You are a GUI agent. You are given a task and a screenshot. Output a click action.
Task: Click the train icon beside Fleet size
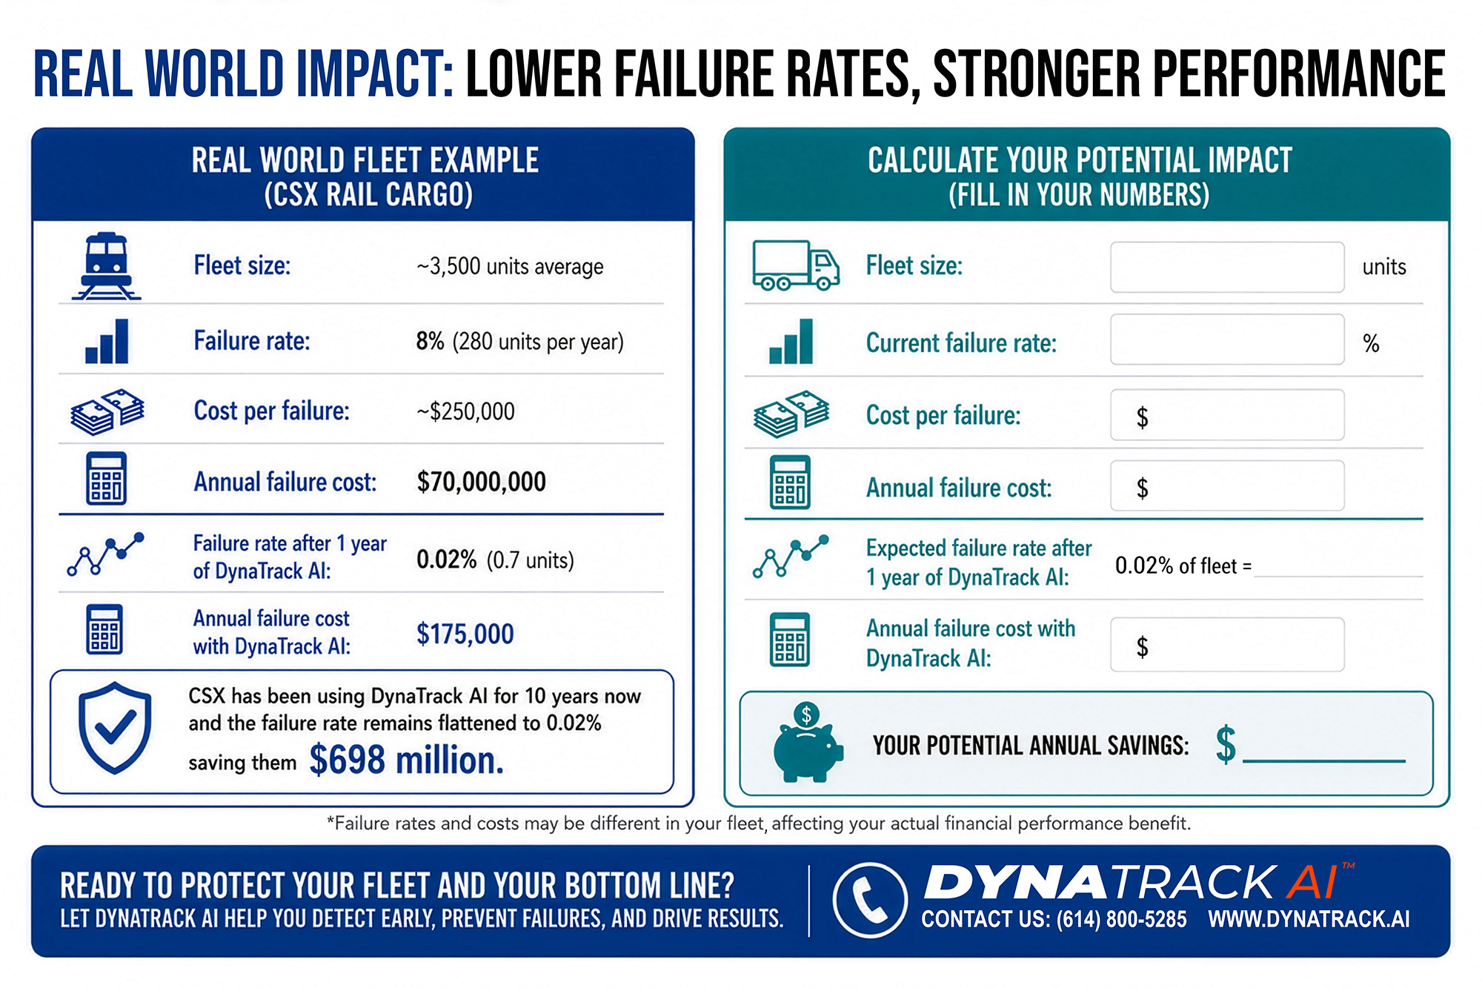tap(106, 265)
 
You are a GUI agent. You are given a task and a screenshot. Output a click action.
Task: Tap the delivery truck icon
tap(796, 265)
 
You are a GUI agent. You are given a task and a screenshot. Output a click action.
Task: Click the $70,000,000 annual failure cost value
tap(481, 482)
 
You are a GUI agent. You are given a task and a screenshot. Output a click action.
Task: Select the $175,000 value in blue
tap(465, 634)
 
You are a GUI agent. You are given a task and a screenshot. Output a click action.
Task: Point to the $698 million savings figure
tap(406, 760)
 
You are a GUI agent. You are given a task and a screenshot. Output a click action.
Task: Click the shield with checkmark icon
tap(115, 728)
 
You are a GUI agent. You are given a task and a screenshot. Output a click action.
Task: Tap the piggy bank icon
tap(807, 743)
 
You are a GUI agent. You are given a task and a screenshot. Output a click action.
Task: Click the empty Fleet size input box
tap(1227, 267)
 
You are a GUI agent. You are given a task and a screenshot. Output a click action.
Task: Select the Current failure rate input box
tap(1227, 339)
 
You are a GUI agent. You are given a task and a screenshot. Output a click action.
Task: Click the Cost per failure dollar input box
tap(1227, 415)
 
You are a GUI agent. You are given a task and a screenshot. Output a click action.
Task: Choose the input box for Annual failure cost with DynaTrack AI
tap(1227, 645)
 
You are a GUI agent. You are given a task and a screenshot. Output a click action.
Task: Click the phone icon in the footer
tap(870, 901)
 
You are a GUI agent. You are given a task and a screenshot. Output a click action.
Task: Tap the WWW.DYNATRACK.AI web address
tap(1309, 919)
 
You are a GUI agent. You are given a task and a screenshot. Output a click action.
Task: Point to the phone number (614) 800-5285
tap(1121, 919)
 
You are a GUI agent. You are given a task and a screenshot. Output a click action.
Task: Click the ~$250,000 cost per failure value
tap(465, 411)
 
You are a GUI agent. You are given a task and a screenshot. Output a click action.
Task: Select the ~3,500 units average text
tap(510, 266)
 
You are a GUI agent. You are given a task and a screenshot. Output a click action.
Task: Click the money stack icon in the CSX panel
tap(107, 411)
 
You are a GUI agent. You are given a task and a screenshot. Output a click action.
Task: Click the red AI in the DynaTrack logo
tap(1312, 882)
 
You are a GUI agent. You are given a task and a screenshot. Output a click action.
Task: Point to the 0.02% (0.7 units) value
tap(495, 560)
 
